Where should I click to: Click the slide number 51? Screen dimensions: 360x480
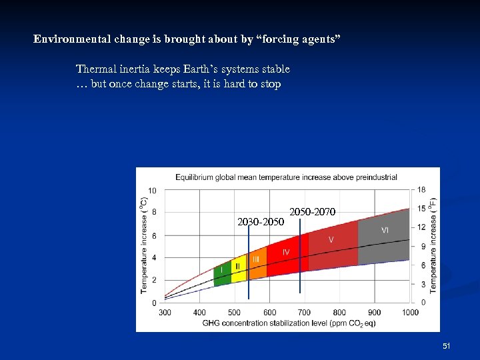[447, 346]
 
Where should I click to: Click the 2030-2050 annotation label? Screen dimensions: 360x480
[261, 221]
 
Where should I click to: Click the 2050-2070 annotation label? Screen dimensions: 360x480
[313, 212]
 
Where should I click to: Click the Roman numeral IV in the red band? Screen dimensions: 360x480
[286, 252]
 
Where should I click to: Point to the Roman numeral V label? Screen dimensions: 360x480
[331, 239]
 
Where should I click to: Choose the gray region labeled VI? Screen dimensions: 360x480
[385, 230]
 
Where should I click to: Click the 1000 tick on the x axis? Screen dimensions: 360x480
[410, 312]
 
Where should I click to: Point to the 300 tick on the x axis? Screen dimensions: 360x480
[165, 312]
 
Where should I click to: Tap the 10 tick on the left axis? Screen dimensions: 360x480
[153, 191]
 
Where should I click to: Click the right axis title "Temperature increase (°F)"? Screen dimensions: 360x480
[433, 245]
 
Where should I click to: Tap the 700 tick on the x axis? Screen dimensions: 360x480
[305, 312]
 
